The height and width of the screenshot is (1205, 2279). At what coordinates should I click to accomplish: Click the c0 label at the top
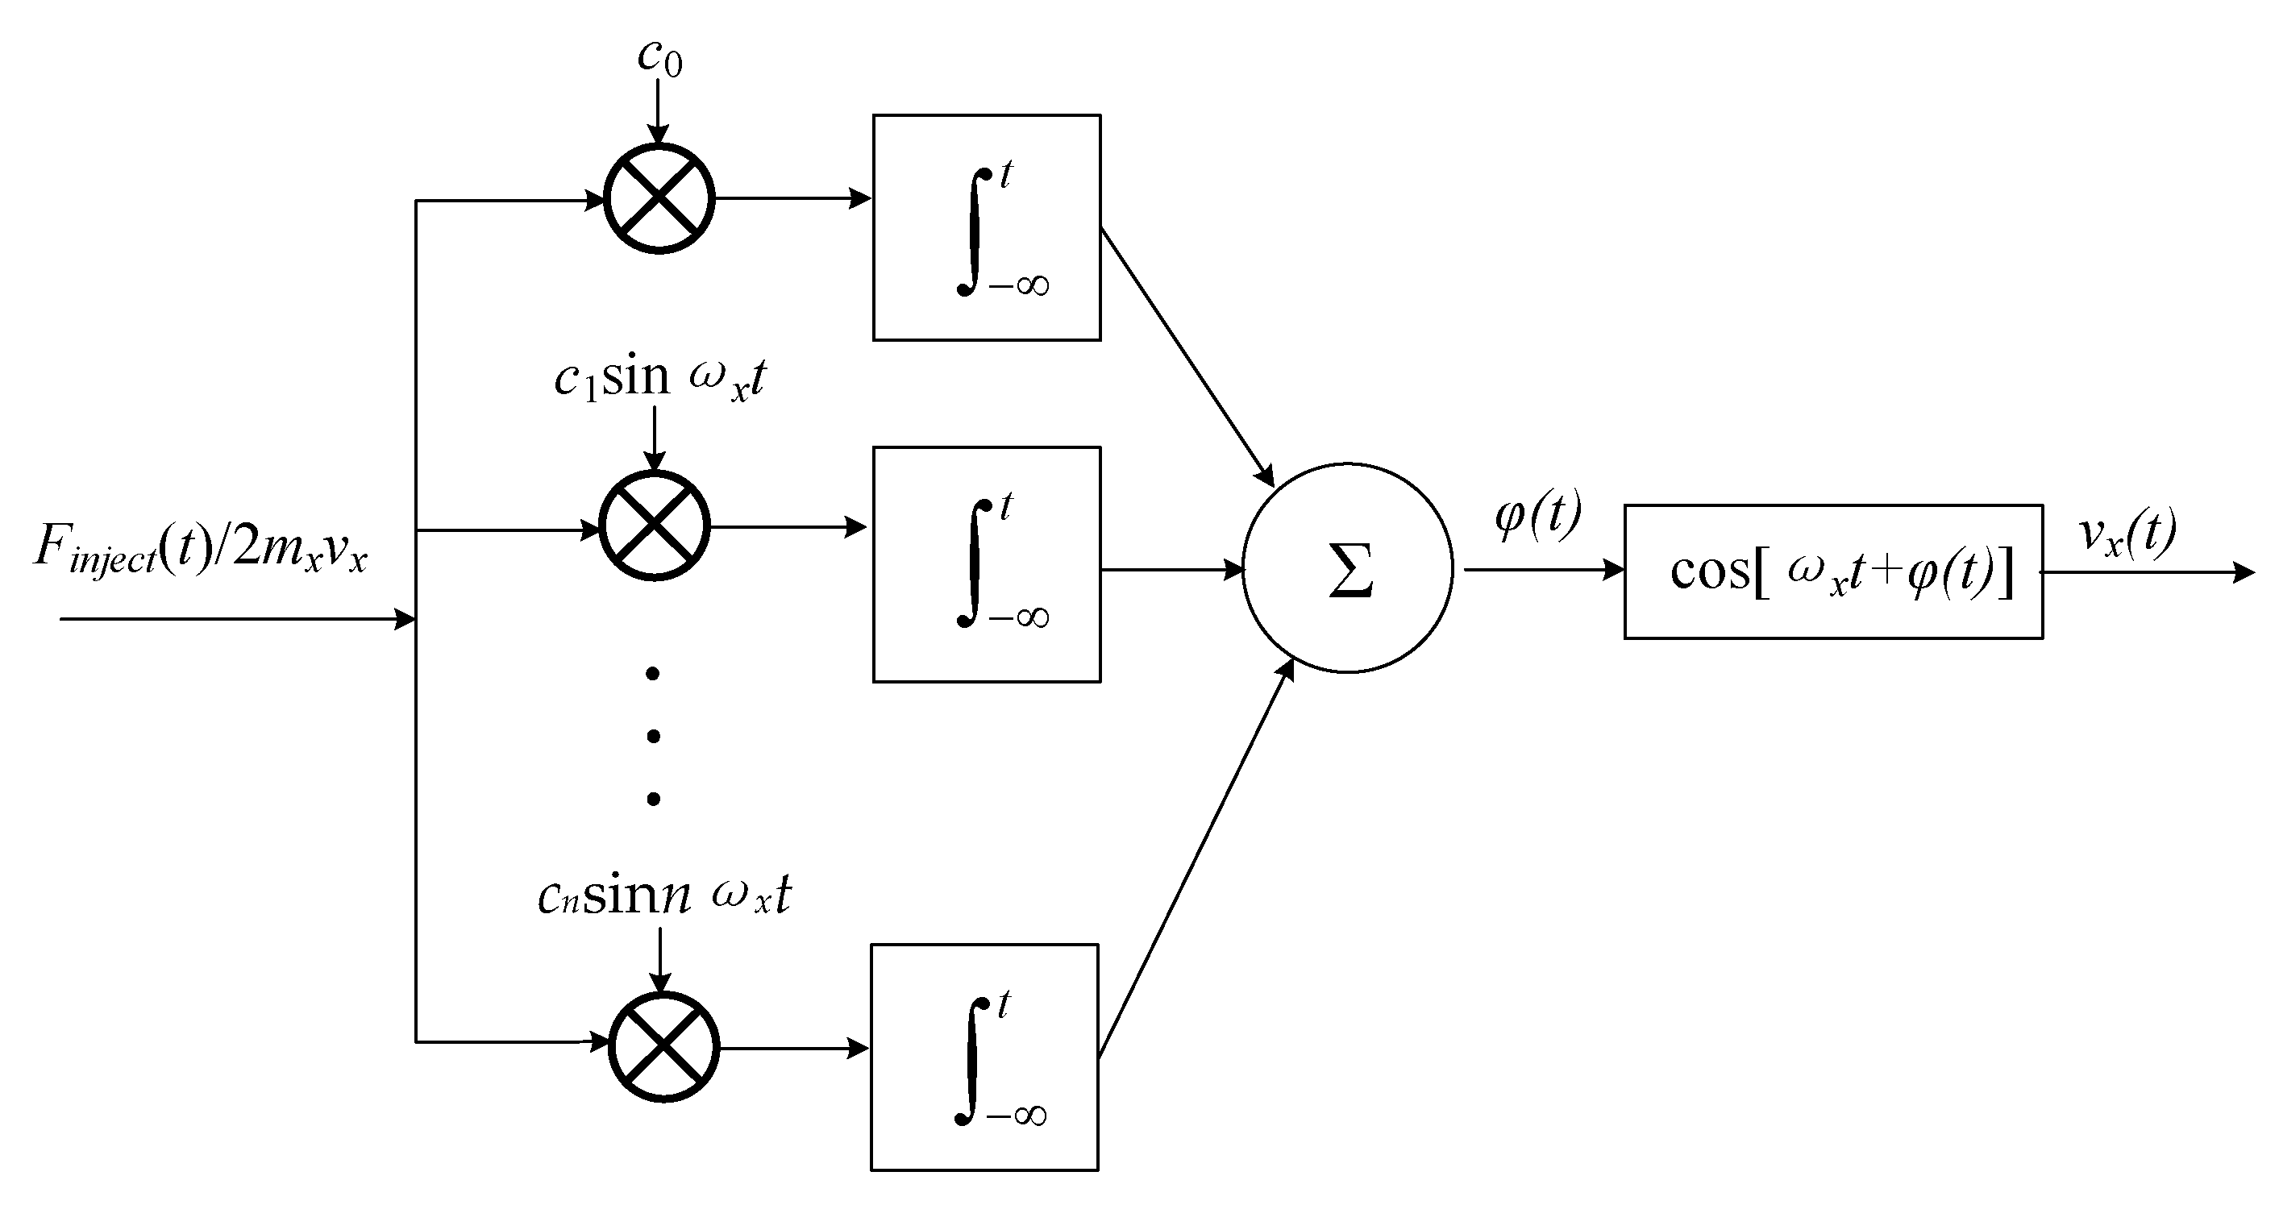click(659, 57)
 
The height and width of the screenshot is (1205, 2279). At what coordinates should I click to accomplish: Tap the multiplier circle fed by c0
click(659, 199)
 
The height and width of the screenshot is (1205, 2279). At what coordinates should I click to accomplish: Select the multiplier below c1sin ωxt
click(655, 526)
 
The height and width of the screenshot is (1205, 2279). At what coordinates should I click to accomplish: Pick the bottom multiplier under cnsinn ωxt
click(664, 1048)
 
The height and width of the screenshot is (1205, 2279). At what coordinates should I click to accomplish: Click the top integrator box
click(987, 227)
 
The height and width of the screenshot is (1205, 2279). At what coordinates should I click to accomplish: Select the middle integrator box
click(987, 564)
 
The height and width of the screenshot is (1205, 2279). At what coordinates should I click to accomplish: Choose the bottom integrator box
click(984, 1057)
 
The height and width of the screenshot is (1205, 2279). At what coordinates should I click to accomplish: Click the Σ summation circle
click(1347, 569)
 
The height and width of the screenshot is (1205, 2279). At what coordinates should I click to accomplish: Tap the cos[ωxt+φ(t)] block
click(1833, 571)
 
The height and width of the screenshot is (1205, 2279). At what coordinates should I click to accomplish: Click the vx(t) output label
click(2127, 534)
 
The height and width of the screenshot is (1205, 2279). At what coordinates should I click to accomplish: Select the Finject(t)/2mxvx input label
click(201, 549)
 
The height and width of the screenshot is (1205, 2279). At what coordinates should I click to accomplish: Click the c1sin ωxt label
click(659, 379)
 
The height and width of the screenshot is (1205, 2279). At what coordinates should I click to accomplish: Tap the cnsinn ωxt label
click(663, 895)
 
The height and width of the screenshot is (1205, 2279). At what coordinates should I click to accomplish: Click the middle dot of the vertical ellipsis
click(653, 736)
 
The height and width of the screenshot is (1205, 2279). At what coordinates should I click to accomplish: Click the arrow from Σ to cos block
click(1544, 571)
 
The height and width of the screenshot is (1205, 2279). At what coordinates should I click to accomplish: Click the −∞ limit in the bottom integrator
click(1017, 1116)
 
